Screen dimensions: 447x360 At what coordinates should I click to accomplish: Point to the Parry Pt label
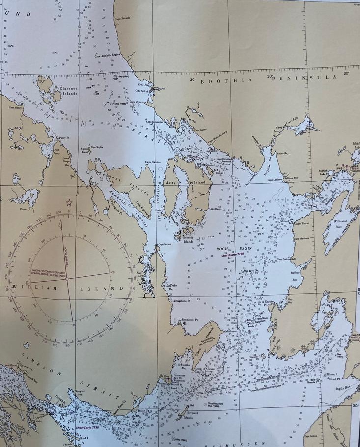point(65,138)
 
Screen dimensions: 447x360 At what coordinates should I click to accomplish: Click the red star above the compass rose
point(69,202)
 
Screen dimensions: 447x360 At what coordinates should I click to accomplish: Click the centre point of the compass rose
point(67,278)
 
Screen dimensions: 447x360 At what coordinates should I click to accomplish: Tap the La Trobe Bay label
point(171,287)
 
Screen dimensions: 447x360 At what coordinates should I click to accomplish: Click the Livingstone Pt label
point(180,300)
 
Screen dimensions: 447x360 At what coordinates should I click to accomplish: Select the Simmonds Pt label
point(189,320)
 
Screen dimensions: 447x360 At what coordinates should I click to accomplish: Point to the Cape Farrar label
point(301,223)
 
